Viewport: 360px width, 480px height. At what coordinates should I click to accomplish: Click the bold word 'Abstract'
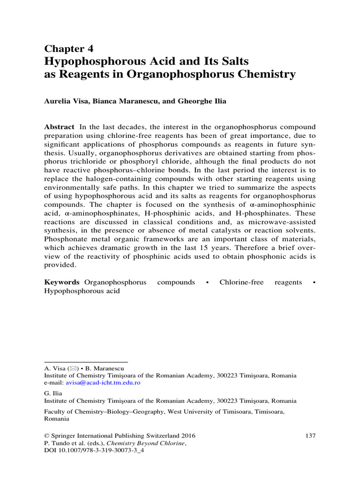(x=59, y=127)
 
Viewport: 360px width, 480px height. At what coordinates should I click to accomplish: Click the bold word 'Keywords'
(x=62, y=282)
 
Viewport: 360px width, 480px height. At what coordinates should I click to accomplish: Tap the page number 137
(x=310, y=435)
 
